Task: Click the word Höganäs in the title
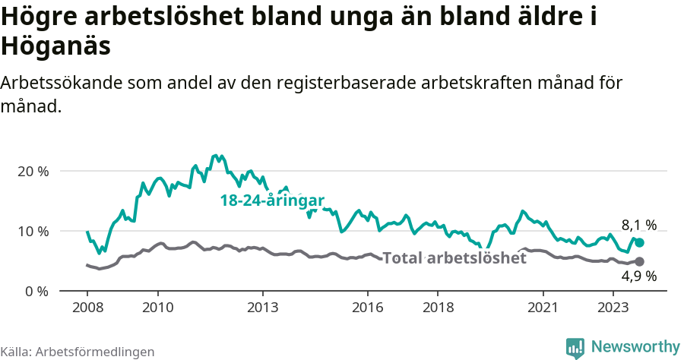[56, 46]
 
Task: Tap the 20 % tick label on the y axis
[33, 171]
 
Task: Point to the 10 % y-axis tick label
[33, 231]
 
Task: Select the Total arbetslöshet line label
[454, 258]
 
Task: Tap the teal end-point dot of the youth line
[639, 242]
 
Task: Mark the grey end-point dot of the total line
[639, 261]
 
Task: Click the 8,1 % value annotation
[638, 225]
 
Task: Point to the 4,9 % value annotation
[638, 276]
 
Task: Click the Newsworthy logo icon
[575, 347]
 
